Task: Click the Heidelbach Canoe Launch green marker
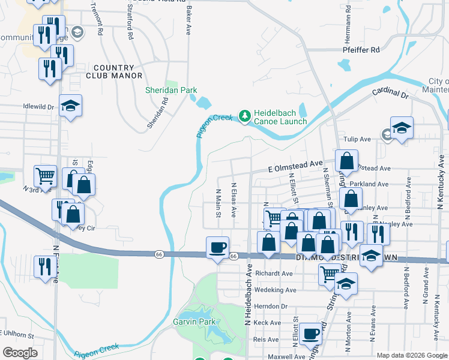tap(244, 116)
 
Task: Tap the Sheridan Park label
tap(171, 90)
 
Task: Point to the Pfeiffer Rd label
tap(362, 50)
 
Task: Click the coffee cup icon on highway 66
tap(217, 247)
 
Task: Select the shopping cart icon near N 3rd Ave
tap(45, 176)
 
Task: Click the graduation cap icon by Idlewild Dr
tap(71, 106)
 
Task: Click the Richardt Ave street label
tap(274, 273)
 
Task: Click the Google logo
tap(20, 353)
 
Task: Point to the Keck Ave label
tap(268, 322)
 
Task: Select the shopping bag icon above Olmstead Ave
tap(347, 160)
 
